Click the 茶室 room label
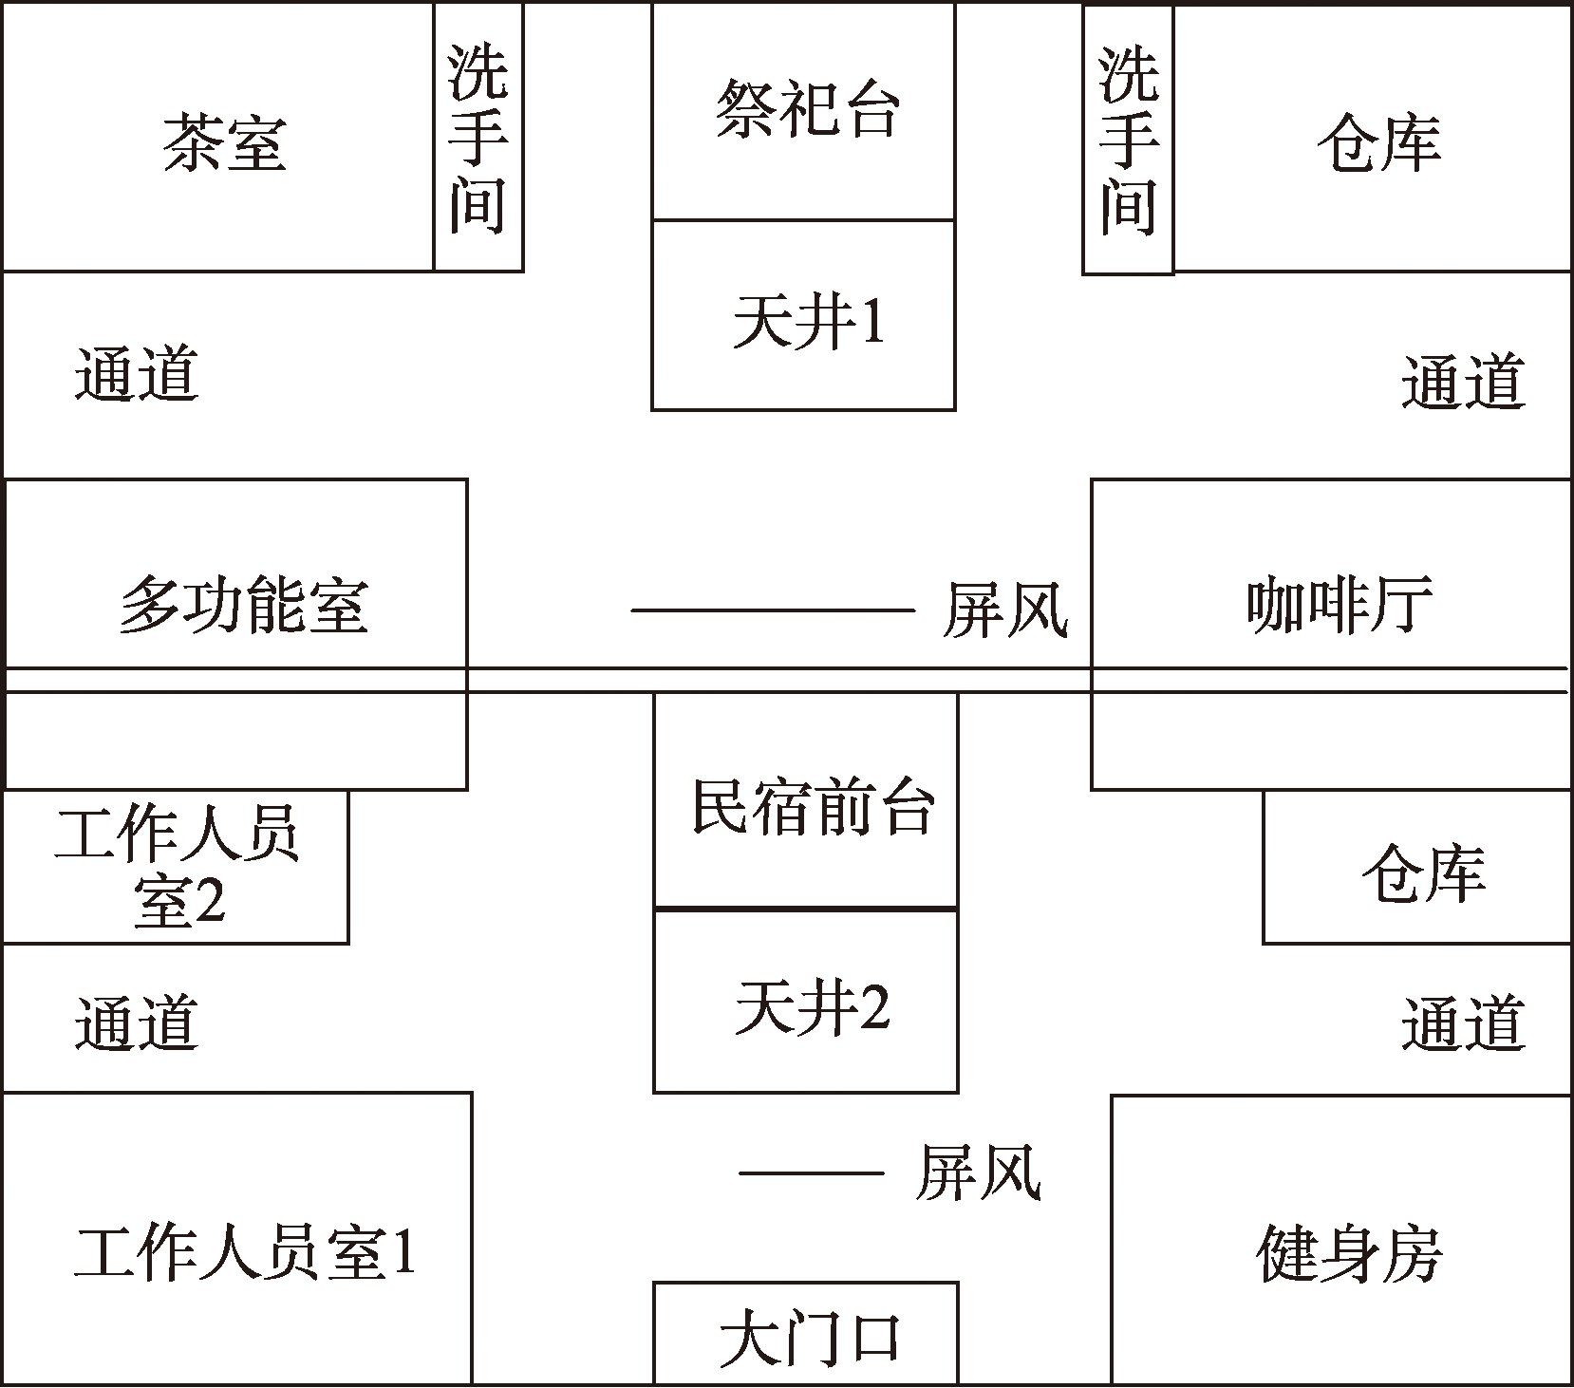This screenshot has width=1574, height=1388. click(x=224, y=144)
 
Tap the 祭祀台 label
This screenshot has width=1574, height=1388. click(x=807, y=108)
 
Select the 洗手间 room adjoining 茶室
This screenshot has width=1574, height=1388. click(x=478, y=137)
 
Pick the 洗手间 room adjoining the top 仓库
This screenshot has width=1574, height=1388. click(x=1128, y=141)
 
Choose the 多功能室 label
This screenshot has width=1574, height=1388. click(x=243, y=606)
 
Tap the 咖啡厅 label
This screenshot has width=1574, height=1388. click(x=1340, y=604)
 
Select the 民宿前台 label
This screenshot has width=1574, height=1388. click(x=813, y=807)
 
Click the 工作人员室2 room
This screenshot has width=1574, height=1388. click(x=176, y=867)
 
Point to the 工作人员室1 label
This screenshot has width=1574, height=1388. click(x=245, y=1253)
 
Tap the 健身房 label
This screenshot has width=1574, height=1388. click(x=1349, y=1253)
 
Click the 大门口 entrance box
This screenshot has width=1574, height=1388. click(x=806, y=1333)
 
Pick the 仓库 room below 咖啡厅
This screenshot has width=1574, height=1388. click(x=1417, y=867)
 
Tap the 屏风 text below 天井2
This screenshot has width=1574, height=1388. click(x=979, y=1172)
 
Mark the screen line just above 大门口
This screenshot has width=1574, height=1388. click(x=812, y=1173)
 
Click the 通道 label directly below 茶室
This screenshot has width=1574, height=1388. click(x=137, y=373)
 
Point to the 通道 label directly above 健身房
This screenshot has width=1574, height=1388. click(x=1463, y=1022)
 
